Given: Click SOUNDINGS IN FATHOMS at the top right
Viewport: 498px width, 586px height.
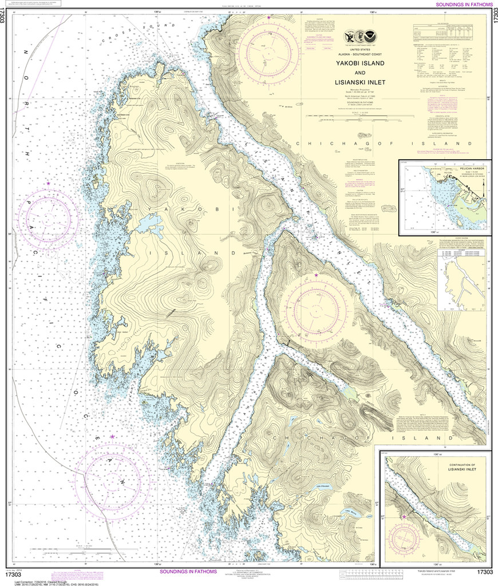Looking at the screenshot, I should coord(464,5).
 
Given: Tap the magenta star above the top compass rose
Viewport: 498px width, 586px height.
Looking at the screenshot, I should coord(268,18).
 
